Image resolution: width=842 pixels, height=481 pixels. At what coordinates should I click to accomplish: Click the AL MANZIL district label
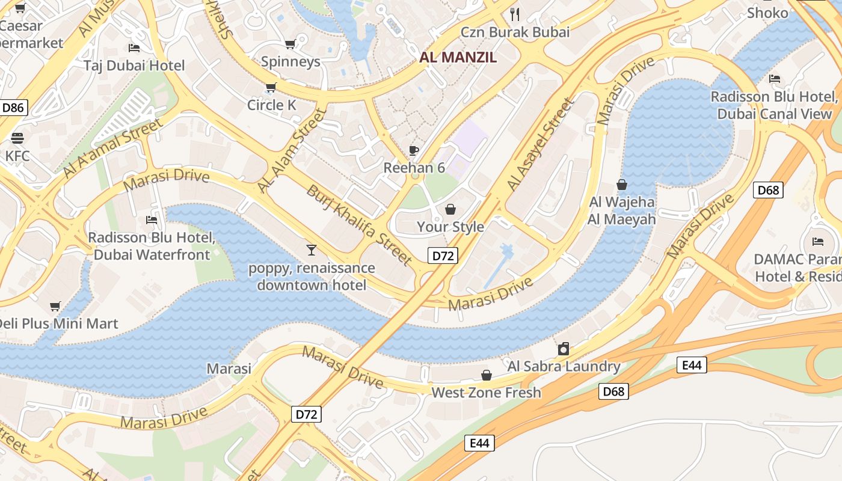click(x=458, y=58)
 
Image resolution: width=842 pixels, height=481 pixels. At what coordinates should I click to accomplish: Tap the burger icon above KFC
click(x=17, y=138)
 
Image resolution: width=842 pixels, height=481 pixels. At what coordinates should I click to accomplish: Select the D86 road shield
click(x=13, y=108)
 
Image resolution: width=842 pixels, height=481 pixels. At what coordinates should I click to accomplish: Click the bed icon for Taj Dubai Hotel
click(x=134, y=47)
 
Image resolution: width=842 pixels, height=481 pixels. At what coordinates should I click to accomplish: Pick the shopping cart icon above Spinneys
click(x=290, y=44)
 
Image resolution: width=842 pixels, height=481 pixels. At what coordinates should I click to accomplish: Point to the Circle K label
click(x=272, y=105)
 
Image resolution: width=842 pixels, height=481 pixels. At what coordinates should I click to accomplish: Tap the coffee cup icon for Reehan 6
click(x=414, y=150)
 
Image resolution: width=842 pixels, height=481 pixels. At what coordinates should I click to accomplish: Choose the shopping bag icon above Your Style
click(x=450, y=209)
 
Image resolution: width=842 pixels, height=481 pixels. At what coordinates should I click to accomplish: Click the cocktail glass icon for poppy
click(x=311, y=250)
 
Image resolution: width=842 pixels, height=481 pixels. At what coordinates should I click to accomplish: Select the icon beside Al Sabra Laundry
click(x=564, y=349)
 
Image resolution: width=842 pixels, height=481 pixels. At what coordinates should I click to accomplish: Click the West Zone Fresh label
click(x=487, y=393)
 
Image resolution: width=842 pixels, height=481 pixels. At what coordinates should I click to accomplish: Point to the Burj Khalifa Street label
click(x=360, y=225)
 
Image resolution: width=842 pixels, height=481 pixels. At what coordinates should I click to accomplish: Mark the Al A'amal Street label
click(x=112, y=148)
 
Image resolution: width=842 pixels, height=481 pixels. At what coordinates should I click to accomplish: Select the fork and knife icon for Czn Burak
click(x=514, y=14)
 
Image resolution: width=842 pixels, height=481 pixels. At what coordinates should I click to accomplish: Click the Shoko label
click(x=767, y=13)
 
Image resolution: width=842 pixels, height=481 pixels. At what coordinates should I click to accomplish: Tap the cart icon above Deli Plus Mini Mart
click(x=55, y=307)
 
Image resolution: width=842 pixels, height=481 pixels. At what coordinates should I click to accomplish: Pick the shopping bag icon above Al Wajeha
click(x=622, y=185)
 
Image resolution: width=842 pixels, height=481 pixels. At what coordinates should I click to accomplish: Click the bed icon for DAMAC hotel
click(x=818, y=242)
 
